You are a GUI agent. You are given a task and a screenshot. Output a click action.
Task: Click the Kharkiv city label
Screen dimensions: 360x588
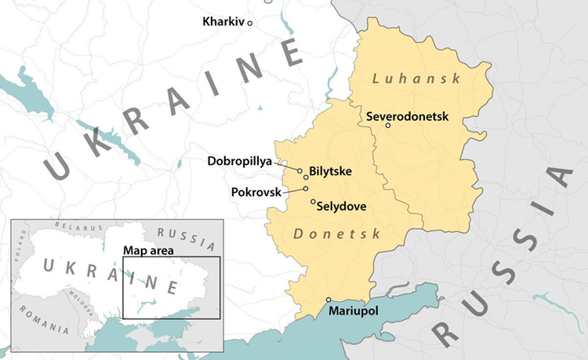pos(223,21)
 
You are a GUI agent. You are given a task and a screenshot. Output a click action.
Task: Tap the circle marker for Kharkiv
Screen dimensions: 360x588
pos(250,24)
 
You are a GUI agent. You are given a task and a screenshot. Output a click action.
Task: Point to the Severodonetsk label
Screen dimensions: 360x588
pos(407,116)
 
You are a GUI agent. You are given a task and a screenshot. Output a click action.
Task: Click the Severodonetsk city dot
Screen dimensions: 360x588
pos(388,125)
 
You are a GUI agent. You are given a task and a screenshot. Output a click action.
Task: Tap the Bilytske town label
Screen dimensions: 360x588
pos(331,170)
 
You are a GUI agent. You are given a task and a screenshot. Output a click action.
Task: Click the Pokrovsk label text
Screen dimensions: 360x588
pos(256,191)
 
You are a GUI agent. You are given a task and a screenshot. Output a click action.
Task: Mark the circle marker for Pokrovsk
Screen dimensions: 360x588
pos(306,188)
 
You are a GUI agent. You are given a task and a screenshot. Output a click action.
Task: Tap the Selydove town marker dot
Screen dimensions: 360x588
pos(314,202)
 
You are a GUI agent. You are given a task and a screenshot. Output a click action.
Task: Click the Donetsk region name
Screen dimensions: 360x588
pos(336,234)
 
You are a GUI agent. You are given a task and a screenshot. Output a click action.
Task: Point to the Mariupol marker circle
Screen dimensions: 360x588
pos(328,300)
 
